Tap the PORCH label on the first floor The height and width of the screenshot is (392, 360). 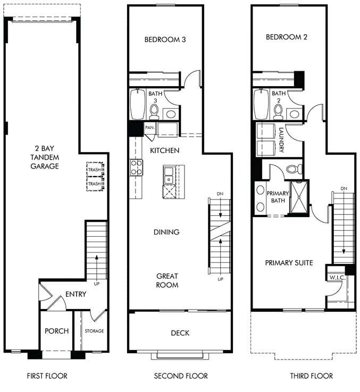pos(56,331)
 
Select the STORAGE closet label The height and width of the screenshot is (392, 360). pos(94,331)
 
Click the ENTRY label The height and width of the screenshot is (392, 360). pos(76,294)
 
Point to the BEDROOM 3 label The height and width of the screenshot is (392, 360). pos(164,39)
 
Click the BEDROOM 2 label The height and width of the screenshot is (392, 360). pos(287,37)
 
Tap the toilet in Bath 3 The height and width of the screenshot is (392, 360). pos(154,111)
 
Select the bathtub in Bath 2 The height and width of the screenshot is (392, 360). pos(261,104)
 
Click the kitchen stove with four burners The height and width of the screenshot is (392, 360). pos(137,168)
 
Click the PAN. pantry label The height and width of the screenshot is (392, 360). pos(149,128)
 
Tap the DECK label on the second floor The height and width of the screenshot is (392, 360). pos(180,333)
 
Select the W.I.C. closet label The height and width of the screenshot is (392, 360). pos(337,277)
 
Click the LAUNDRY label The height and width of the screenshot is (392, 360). pos(281,140)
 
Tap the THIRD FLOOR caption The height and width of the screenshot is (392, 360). pos(311,376)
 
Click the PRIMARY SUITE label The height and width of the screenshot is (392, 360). pos(289,263)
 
